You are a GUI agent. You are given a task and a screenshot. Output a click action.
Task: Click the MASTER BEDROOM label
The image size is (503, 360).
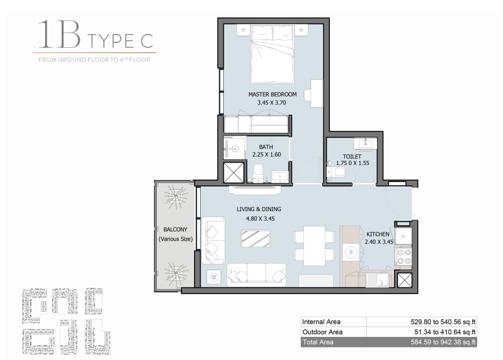pos(272,95)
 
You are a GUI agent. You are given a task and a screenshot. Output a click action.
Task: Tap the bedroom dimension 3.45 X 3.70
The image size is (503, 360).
pos(272,103)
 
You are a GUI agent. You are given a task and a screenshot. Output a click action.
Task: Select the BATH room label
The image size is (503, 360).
pos(266,147)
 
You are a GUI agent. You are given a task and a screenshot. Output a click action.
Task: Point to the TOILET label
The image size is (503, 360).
pos(352,157)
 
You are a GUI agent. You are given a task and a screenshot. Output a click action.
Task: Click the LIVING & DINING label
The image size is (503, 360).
pos(259,209)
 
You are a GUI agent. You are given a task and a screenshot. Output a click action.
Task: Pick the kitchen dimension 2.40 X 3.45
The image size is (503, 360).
pos(379,242)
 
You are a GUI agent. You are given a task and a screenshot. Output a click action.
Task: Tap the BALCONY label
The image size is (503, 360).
pos(175,230)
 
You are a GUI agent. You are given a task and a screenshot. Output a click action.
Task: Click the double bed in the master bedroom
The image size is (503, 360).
pos(272,54)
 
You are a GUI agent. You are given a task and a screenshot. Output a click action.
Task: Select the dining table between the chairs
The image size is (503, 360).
pos(314,246)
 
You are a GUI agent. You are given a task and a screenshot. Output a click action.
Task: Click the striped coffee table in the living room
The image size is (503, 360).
pos(256,239)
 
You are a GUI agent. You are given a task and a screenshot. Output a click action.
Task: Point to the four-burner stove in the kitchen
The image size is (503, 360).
pos(403,256)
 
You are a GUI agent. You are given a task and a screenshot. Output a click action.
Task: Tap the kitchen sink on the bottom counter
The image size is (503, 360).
pos(377,279)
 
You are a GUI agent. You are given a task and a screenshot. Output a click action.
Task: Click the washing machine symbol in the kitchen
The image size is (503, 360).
pos(352,252)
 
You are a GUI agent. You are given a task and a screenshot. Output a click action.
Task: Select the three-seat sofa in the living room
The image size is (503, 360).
pos(256,275)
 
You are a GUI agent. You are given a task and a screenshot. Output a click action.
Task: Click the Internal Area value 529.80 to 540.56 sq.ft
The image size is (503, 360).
pos(443,322)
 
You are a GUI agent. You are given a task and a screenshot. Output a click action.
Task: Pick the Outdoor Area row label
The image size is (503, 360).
pos(322,332)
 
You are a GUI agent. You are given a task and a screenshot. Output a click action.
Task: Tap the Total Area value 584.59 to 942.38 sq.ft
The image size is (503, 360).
pos(443,342)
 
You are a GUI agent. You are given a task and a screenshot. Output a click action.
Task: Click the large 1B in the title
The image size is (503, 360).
pos(60,34)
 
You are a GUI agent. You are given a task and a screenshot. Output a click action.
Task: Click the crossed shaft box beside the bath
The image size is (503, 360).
pos(234,173)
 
